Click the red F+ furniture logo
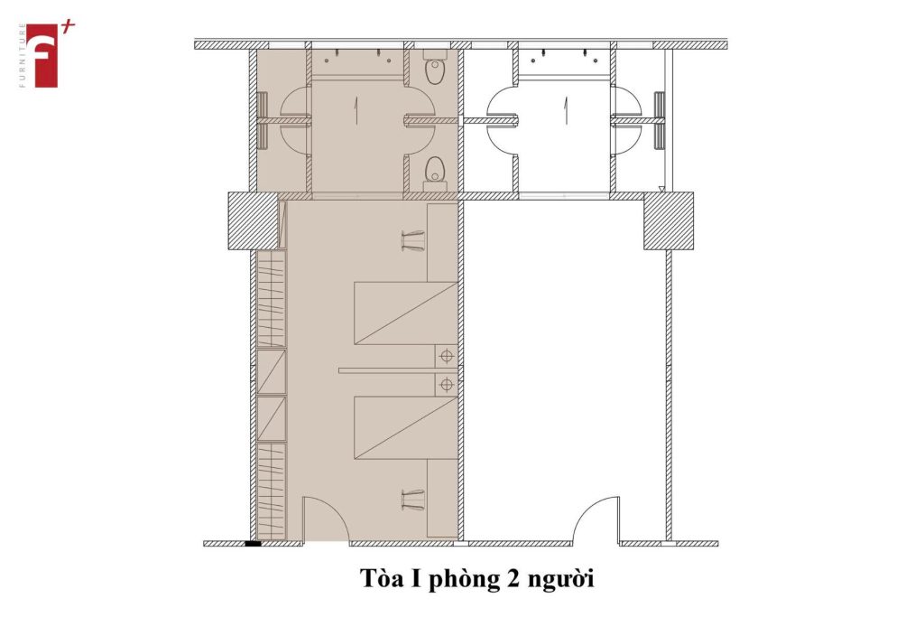(46, 55)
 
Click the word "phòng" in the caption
(463, 579)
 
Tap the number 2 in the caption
(513, 579)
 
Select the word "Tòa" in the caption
(382, 578)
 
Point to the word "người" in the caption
(560, 580)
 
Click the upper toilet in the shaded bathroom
(436, 70)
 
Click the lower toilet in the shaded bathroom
(436, 173)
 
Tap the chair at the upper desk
(413, 240)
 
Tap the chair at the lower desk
(413, 500)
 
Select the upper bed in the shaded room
(406, 313)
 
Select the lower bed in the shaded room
(406, 427)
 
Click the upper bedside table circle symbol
(447, 356)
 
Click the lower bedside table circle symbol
(447, 385)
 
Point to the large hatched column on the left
(253, 220)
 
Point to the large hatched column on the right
(669, 220)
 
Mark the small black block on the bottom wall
(253, 543)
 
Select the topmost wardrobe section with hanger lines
(271, 299)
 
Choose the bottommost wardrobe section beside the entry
(271, 491)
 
